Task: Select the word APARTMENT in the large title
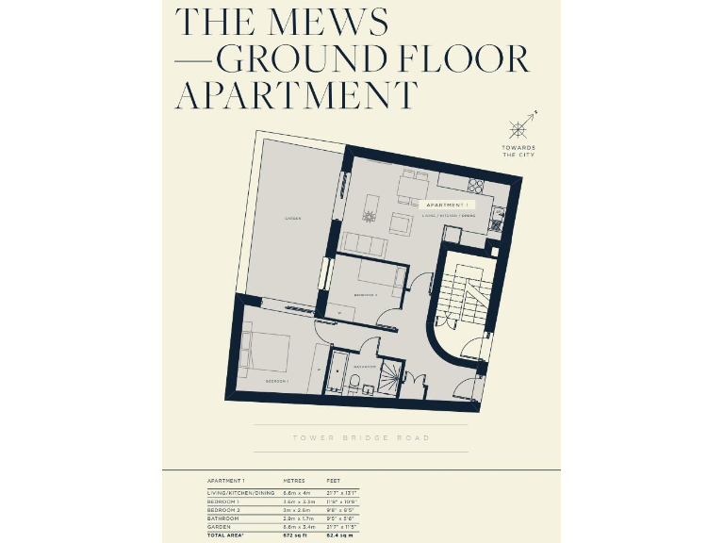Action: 296,95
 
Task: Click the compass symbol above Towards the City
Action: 520,127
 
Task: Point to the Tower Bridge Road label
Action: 361,438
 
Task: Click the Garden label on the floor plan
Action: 292,219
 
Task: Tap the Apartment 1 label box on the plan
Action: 446,204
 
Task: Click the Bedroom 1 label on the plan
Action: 276,381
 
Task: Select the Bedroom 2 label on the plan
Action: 366,295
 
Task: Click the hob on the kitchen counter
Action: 475,185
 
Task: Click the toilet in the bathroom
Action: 353,383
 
